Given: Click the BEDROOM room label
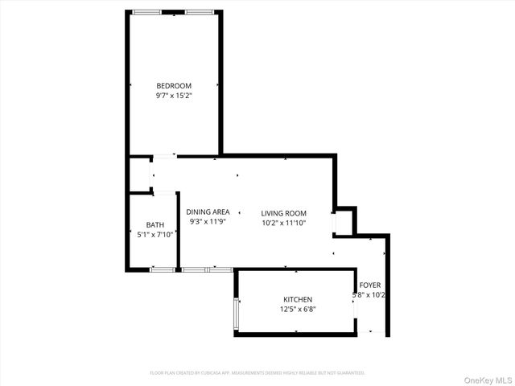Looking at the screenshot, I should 174,86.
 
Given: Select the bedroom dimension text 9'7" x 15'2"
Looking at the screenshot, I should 174,96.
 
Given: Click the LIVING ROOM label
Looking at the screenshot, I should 283,213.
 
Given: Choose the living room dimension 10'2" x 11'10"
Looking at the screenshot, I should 283,223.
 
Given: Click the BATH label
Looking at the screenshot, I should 155,225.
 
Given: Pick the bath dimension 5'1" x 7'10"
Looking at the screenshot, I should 156,235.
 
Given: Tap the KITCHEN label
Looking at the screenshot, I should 297,300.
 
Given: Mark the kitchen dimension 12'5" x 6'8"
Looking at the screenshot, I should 297,310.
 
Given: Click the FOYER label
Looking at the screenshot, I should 370,285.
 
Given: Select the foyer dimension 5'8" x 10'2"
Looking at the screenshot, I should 371,295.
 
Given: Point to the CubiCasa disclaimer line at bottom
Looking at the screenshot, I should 257,373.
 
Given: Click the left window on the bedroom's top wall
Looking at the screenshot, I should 146,12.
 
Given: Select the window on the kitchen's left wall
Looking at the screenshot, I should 236,314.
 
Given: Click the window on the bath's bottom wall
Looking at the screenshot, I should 162,269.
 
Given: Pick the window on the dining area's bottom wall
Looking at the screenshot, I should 196,269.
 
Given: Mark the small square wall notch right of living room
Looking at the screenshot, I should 344,221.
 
